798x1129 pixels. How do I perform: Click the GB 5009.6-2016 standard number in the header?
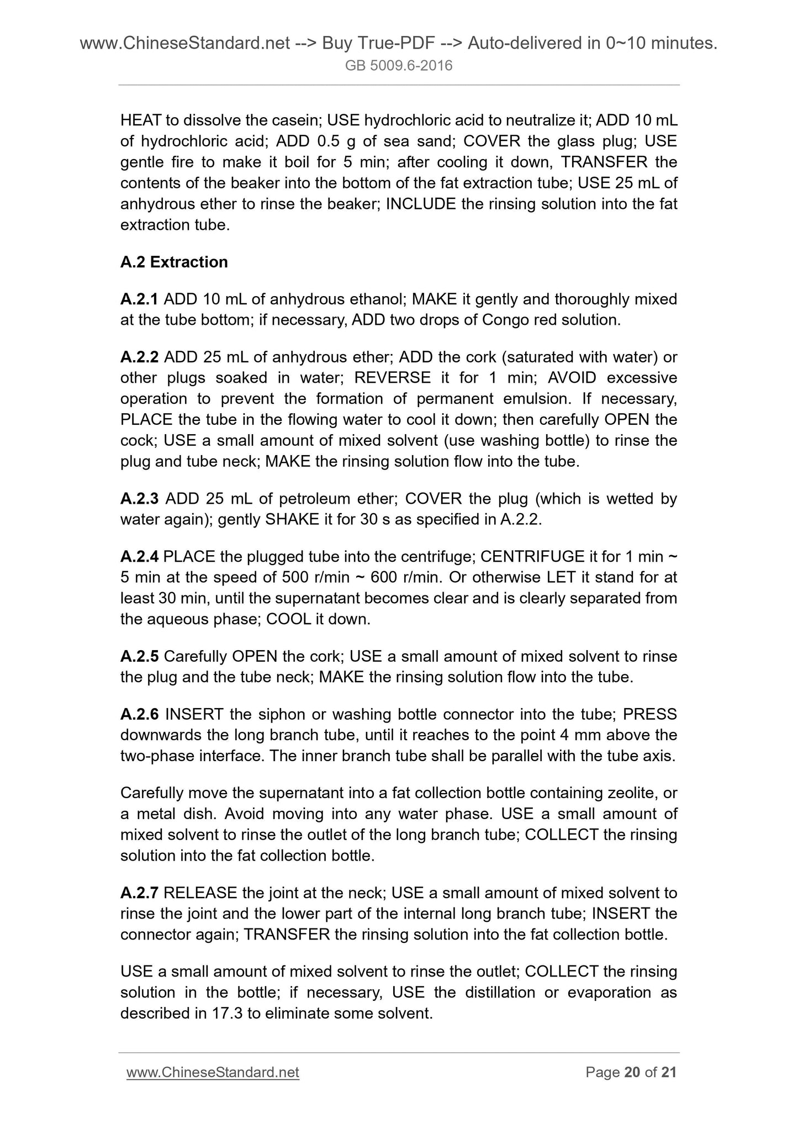[399, 66]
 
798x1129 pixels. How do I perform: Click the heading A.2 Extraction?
[174, 262]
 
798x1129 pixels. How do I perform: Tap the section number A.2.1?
[139, 299]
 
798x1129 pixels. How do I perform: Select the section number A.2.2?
[139, 357]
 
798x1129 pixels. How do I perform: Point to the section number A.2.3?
[140, 499]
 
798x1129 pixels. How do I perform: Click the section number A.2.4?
[139, 557]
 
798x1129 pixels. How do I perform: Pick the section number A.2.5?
[139, 657]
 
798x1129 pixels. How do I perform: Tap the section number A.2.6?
[140, 715]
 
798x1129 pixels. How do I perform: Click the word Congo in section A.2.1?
[506, 320]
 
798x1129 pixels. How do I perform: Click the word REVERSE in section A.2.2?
[392, 378]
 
